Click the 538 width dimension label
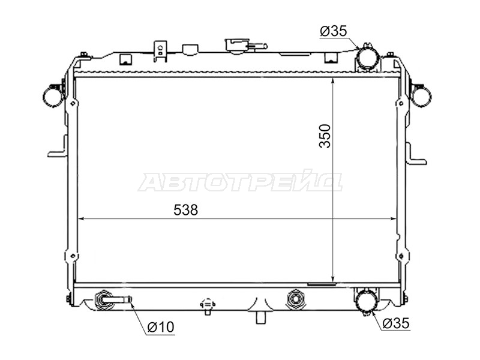(185, 210)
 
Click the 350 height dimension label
(325, 136)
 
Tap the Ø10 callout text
(160, 327)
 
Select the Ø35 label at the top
(334, 31)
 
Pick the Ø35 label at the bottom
(396, 323)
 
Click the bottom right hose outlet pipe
(366, 301)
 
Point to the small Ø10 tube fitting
(114, 299)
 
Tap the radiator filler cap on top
(237, 47)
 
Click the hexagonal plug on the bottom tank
(295, 298)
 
